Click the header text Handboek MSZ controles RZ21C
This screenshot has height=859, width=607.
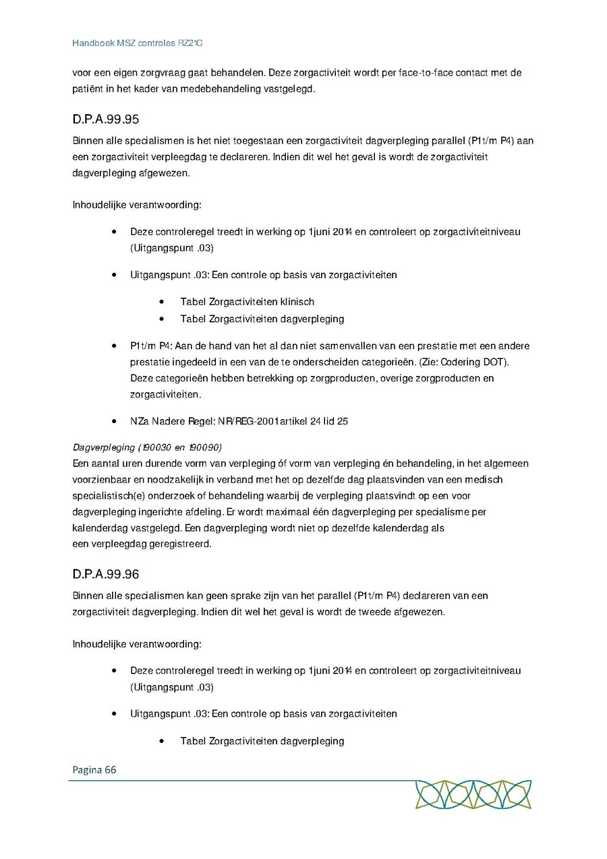tap(138, 43)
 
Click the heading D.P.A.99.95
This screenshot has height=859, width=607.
tap(105, 120)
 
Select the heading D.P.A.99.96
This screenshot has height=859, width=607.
tap(105, 574)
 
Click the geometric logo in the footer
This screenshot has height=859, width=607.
tap(473, 794)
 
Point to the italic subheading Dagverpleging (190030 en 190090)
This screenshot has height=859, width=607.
tap(146, 447)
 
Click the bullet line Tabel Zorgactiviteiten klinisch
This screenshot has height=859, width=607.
tap(247, 302)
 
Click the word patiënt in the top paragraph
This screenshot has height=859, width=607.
tap(88, 89)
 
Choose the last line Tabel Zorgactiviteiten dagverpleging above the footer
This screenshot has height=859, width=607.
tap(262, 741)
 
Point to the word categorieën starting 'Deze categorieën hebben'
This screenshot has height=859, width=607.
tap(185, 379)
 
